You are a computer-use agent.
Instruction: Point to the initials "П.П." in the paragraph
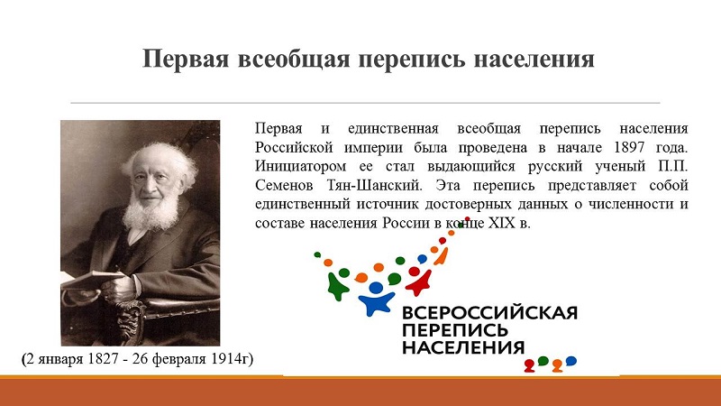[x=672, y=166]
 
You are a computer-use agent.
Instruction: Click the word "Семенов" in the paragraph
[x=284, y=185]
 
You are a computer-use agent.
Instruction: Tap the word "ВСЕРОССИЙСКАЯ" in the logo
[x=489, y=313]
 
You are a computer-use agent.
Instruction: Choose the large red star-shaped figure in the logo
[x=419, y=281]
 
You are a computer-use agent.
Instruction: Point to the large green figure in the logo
[x=337, y=286]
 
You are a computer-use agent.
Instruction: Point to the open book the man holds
[x=89, y=280]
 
